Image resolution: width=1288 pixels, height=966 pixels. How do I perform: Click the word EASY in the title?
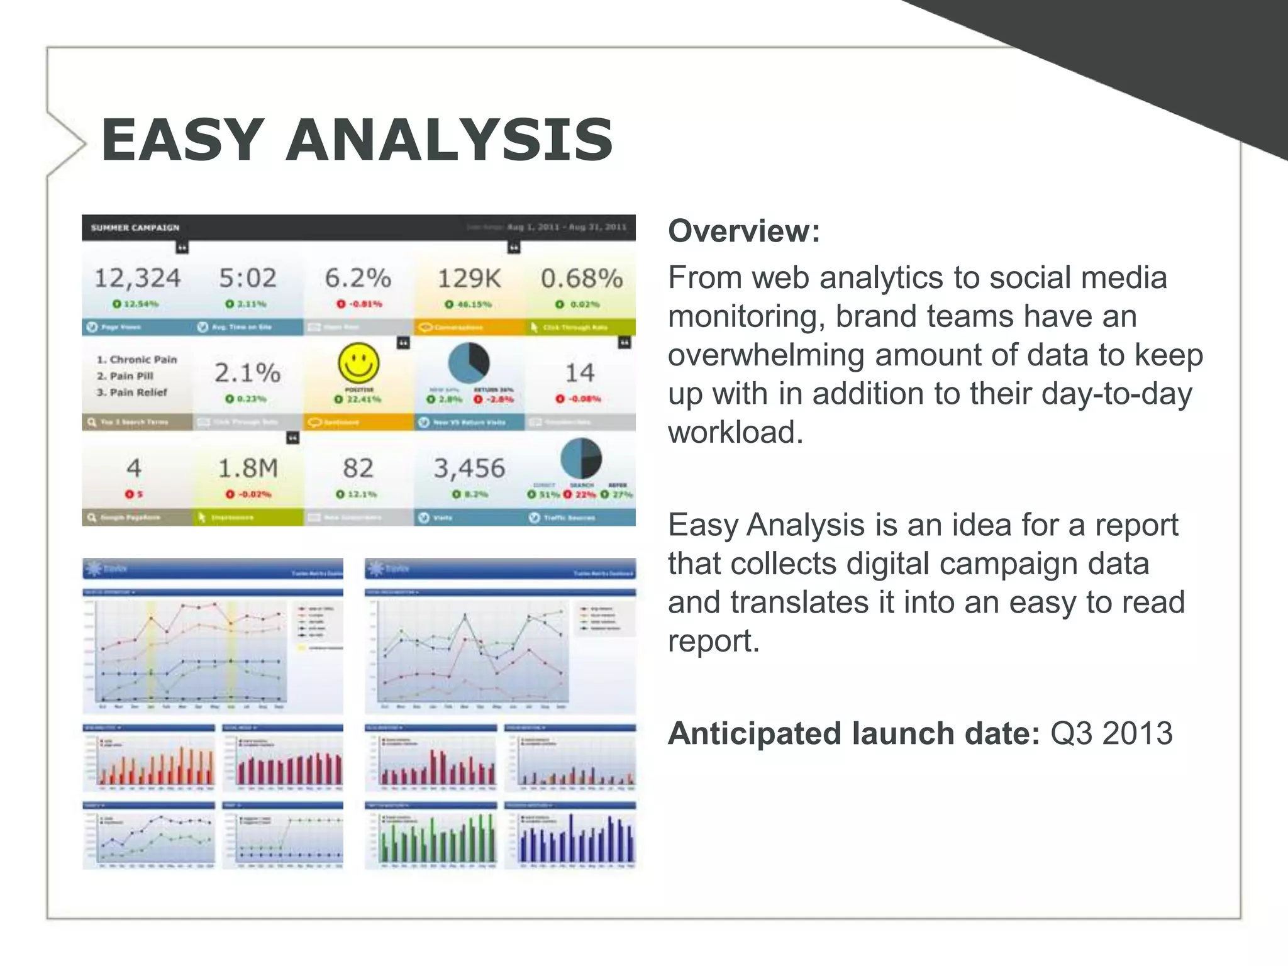(x=182, y=140)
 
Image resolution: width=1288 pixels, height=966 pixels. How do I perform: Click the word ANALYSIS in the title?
(x=449, y=140)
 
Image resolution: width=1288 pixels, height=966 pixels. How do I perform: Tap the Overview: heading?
(x=744, y=231)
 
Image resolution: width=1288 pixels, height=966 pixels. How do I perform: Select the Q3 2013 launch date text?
(x=1111, y=733)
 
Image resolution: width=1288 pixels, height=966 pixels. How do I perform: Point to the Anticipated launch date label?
(x=853, y=733)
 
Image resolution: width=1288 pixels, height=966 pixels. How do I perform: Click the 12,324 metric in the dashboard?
(x=137, y=278)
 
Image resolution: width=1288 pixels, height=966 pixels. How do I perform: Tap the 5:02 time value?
(x=247, y=278)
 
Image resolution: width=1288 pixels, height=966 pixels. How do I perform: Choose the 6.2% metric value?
(x=358, y=278)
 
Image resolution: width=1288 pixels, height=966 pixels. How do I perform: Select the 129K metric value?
(x=469, y=278)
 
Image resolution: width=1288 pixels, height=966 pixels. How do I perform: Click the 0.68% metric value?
(x=581, y=278)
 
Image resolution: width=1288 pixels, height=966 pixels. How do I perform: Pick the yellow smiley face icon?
(x=358, y=363)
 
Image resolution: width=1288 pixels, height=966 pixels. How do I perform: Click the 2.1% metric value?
(x=247, y=373)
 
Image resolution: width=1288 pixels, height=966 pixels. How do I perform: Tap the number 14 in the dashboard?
(x=579, y=373)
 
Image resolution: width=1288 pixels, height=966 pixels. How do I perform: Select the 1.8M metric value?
(x=247, y=469)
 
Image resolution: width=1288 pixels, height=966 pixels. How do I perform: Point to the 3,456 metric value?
(x=469, y=469)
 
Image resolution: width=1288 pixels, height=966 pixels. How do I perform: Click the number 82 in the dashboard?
(x=358, y=469)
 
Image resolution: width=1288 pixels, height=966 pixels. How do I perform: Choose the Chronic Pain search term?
(x=136, y=360)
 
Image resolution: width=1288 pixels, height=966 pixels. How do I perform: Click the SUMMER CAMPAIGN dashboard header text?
(x=135, y=228)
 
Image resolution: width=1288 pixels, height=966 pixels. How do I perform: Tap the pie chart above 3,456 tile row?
(x=469, y=364)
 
